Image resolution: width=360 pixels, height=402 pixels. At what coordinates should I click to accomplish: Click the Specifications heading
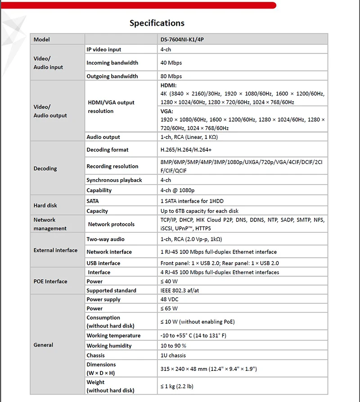pyautogui.click(x=157, y=23)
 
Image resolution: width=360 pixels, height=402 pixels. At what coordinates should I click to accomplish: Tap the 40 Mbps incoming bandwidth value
pyautogui.click(x=171, y=63)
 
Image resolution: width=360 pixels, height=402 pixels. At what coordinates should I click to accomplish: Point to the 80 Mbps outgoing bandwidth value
pyautogui.click(x=171, y=77)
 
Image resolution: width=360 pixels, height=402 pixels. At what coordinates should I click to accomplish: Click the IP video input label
pyautogui.click(x=104, y=50)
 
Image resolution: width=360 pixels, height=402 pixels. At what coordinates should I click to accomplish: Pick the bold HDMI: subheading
pyautogui.click(x=169, y=85)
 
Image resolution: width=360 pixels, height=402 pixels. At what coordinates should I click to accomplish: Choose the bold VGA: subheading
pyautogui.click(x=167, y=111)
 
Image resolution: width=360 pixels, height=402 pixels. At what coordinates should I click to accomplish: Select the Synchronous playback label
pyautogui.click(x=114, y=180)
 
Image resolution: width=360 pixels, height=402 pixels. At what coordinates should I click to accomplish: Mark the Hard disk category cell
pyautogui.click(x=45, y=206)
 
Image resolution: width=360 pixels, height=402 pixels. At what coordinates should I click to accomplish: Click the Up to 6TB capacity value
pyautogui.click(x=199, y=211)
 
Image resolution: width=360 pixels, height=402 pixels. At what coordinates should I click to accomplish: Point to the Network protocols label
pyautogui.click(x=111, y=224)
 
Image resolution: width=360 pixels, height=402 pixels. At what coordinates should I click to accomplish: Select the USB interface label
pyautogui.click(x=103, y=263)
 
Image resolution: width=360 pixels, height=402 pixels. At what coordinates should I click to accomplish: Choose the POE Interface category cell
pyautogui.click(x=50, y=281)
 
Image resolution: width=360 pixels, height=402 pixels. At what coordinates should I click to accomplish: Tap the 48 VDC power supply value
pyautogui.click(x=170, y=300)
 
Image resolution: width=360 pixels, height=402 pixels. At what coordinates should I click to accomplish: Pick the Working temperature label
pyautogui.click(x=113, y=336)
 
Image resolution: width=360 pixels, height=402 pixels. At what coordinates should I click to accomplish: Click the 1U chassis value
pyautogui.click(x=174, y=356)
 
